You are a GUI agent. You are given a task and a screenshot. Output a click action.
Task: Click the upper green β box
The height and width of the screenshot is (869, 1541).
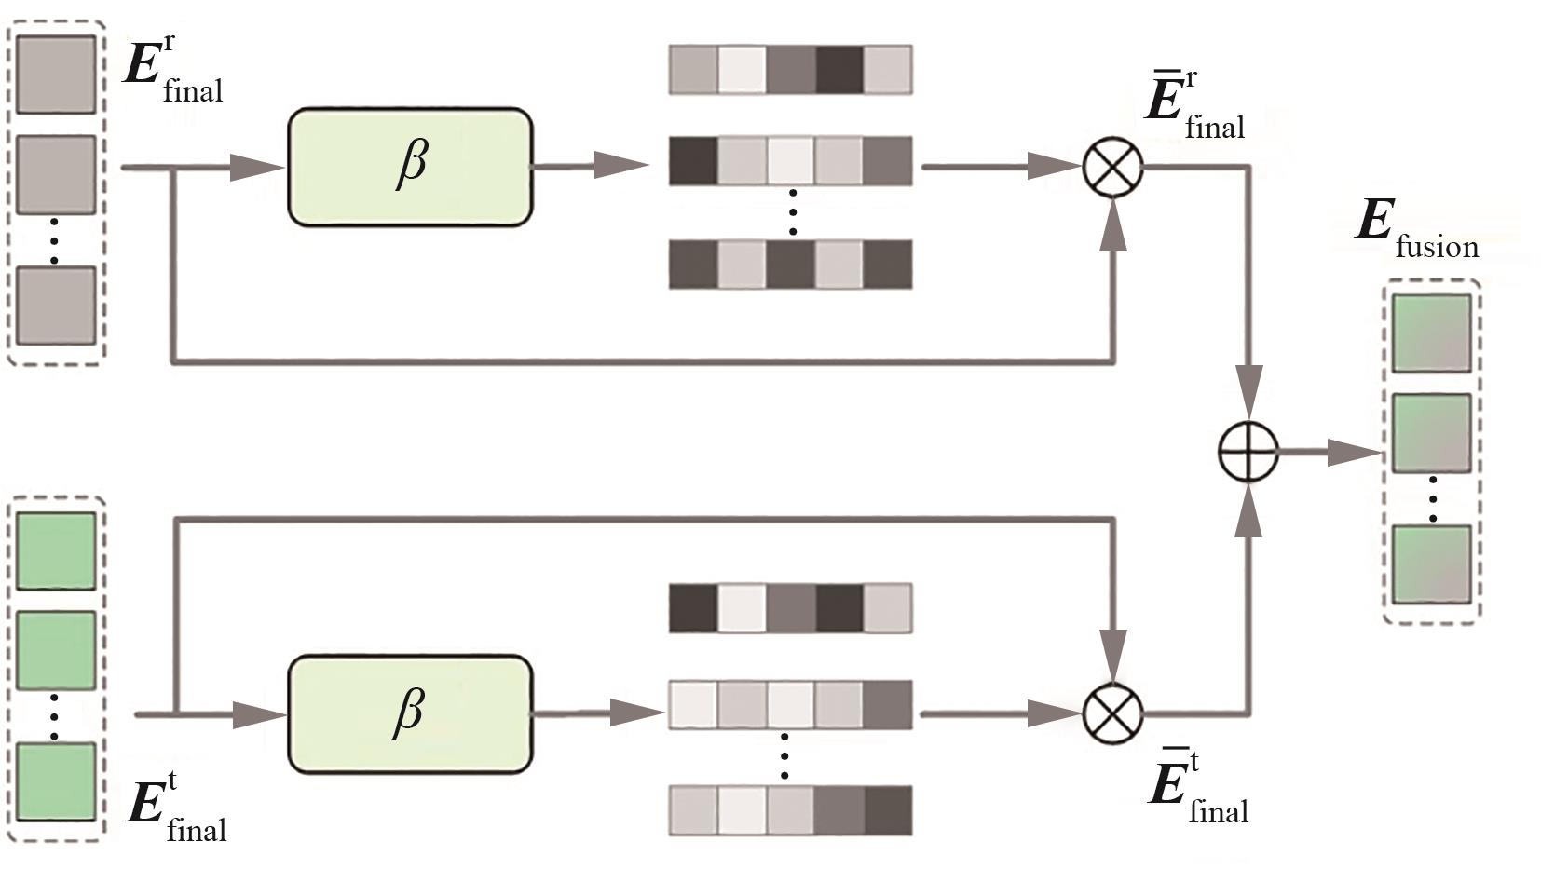pyautogui.click(x=410, y=168)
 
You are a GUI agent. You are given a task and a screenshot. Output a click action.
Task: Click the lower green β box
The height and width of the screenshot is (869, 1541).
pyautogui.click(x=410, y=714)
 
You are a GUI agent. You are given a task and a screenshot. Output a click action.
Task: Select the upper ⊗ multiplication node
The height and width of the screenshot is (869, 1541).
pyautogui.click(x=1112, y=168)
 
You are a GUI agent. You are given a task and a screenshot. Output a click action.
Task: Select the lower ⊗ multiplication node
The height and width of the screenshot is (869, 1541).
pyautogui.click(x=1112, y=714)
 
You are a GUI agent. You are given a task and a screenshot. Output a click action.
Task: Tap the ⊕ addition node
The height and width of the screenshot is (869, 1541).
pyautogui.click(x=1248, y=453)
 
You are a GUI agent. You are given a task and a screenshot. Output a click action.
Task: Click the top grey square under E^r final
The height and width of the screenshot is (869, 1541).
pyautogui.click(x=56, y=75)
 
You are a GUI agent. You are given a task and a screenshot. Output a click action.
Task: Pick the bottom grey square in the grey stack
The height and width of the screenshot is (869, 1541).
pyautogui.click(x=56, y=306)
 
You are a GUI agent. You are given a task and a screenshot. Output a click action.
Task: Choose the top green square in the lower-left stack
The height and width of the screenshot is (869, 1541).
pyautogui.click(x=56, y=550)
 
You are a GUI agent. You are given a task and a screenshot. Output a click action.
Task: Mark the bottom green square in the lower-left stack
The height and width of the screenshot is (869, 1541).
pyautogui.click(x=56, y=781)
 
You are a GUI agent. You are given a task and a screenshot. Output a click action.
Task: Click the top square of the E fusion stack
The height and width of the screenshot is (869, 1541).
pyautogui.click(x=1431, y=333)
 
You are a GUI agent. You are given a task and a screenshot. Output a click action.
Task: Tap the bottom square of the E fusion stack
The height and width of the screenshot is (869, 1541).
pyautogui.click(x=1431, y=563)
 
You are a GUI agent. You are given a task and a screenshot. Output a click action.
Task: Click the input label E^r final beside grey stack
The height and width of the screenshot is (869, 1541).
pyautogui.click(x=173, y=73)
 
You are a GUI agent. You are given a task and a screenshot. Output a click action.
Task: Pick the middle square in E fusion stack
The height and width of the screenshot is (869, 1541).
pyautogui.click(x=1431, y=432)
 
